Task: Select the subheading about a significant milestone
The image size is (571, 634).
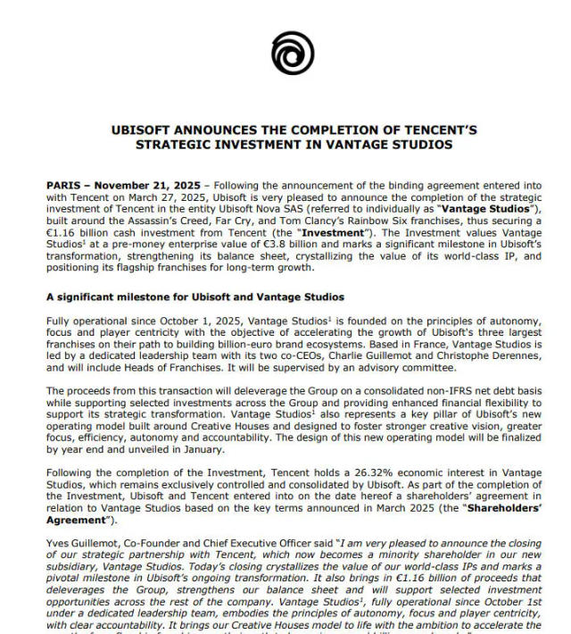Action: tap(194, 296)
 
